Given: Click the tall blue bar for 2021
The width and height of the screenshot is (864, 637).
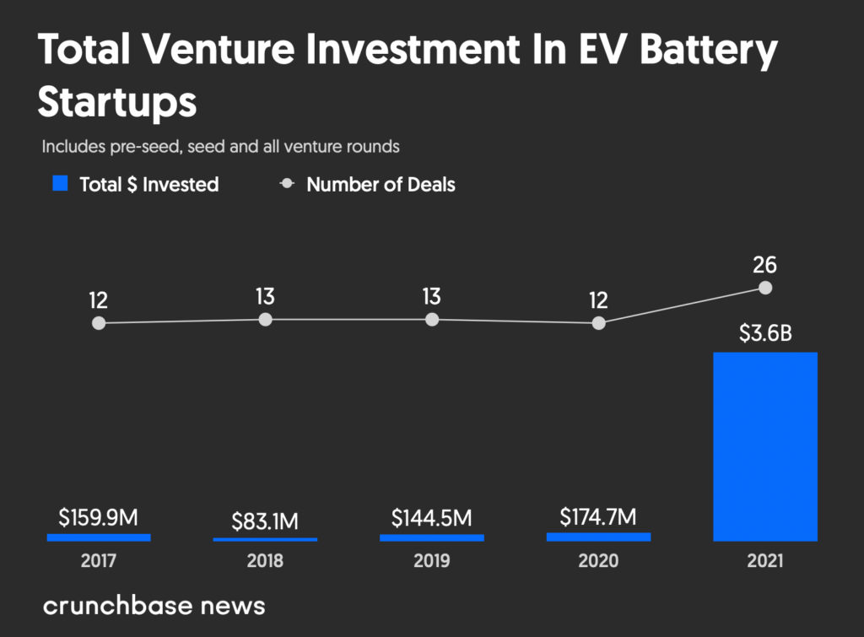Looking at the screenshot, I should coord(765,446).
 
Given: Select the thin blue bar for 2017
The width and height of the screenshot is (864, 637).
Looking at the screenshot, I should coord(99,537).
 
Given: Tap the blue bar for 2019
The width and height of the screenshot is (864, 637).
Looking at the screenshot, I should coord(432,537).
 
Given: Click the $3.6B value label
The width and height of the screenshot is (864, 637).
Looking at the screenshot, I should coord(765,332).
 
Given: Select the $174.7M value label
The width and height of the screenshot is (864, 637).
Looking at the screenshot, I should coord(598,516).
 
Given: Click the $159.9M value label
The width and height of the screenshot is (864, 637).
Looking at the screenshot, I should coord(99,517).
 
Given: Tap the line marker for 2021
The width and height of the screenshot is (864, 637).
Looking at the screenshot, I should coord(765,288).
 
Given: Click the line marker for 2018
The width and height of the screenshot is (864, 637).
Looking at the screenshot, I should coord(266,319).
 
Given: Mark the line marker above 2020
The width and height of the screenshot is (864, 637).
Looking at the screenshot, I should coord(598,323).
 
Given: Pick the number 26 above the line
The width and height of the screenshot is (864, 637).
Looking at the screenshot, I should coord(765,265).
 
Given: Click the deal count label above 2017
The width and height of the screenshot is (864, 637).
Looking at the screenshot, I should coord(99,300).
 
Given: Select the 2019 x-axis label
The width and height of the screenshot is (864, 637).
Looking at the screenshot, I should coord(432,561).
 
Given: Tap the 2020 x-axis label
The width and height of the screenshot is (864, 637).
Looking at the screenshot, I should coord(598,561).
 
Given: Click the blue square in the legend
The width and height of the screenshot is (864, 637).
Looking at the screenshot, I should coord(60,184).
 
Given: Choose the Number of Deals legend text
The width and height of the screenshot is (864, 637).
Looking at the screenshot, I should coord(381,184).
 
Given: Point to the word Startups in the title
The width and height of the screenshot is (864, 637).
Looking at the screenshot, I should coord(117,102).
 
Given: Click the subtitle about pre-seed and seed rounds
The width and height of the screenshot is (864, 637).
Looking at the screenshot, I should coord(220,146).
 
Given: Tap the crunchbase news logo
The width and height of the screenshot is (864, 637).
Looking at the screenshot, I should coord(154,605).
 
